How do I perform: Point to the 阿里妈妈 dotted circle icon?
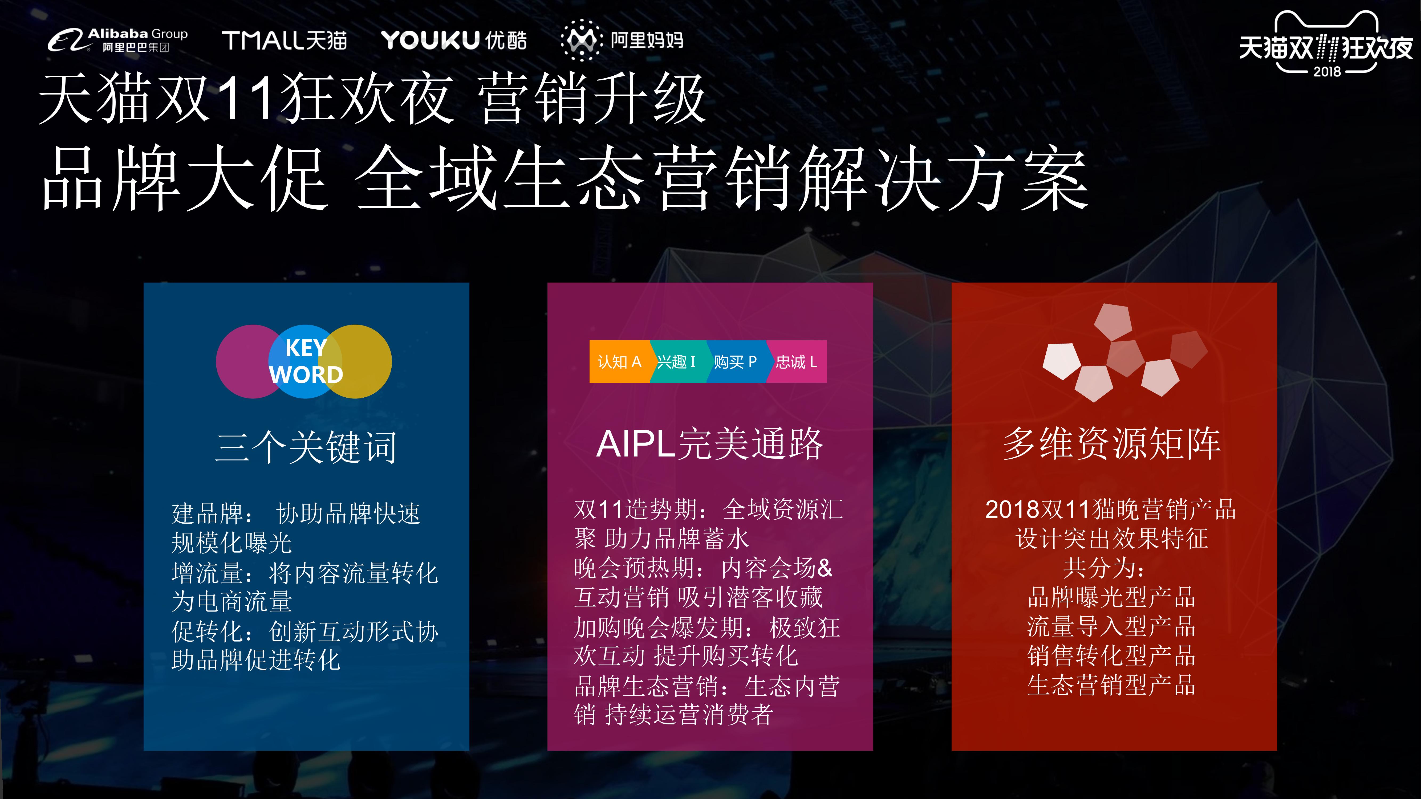581,40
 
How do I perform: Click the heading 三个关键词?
306,447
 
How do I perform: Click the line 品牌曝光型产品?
1111,597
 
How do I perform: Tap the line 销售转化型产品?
1111,656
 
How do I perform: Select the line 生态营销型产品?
1111,685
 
